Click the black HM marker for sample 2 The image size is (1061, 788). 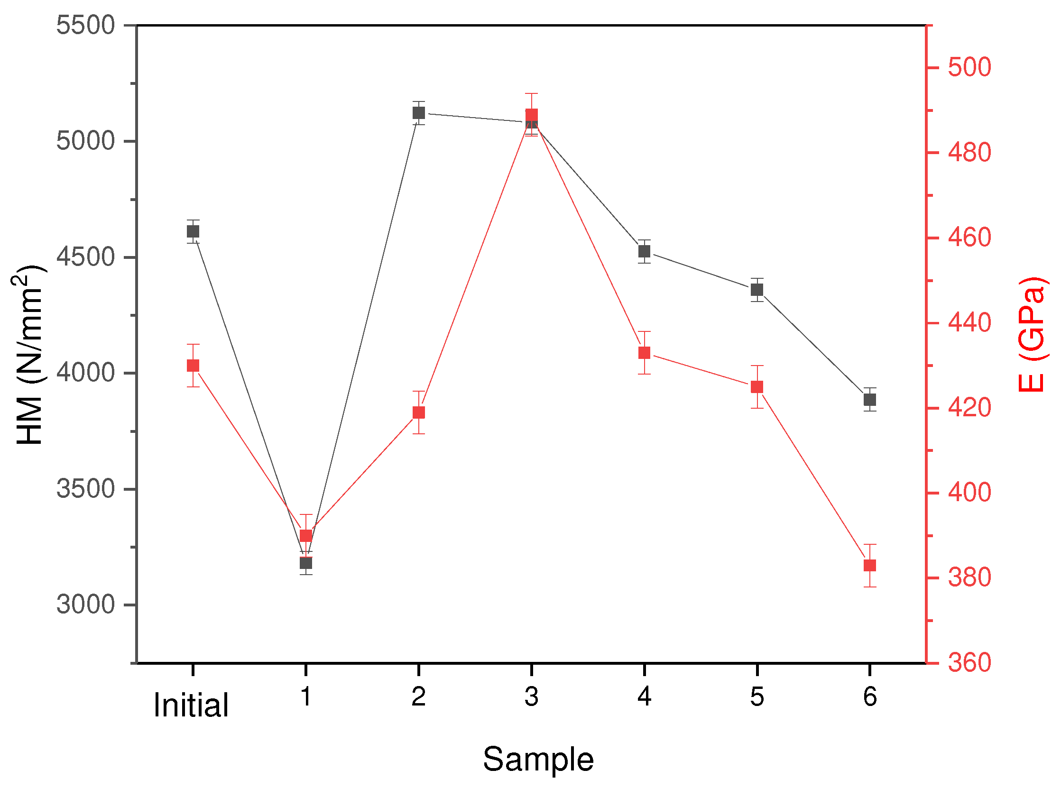click(418, 113)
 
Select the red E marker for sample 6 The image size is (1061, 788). click(870, 566)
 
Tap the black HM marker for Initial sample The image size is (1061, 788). click(193, 232)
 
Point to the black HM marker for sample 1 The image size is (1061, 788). click(306, 563)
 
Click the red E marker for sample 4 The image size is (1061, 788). click(644, 353)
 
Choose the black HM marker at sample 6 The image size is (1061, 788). click(870, 400)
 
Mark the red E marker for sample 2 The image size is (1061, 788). click(418, 412)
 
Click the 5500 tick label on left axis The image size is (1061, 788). click(85, 25)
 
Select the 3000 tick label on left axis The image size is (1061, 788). click(85, 605)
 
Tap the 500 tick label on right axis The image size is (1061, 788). click(969, 67)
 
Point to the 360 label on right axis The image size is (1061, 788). click(969, 663)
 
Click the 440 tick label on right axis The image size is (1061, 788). click(969, 323)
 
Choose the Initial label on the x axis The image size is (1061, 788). click(191, 706)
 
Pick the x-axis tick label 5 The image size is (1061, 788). click(757, 697)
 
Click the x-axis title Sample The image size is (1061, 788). click(538, 760)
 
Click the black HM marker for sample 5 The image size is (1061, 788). click(757, 290)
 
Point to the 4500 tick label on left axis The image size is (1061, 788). click(85, 257)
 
